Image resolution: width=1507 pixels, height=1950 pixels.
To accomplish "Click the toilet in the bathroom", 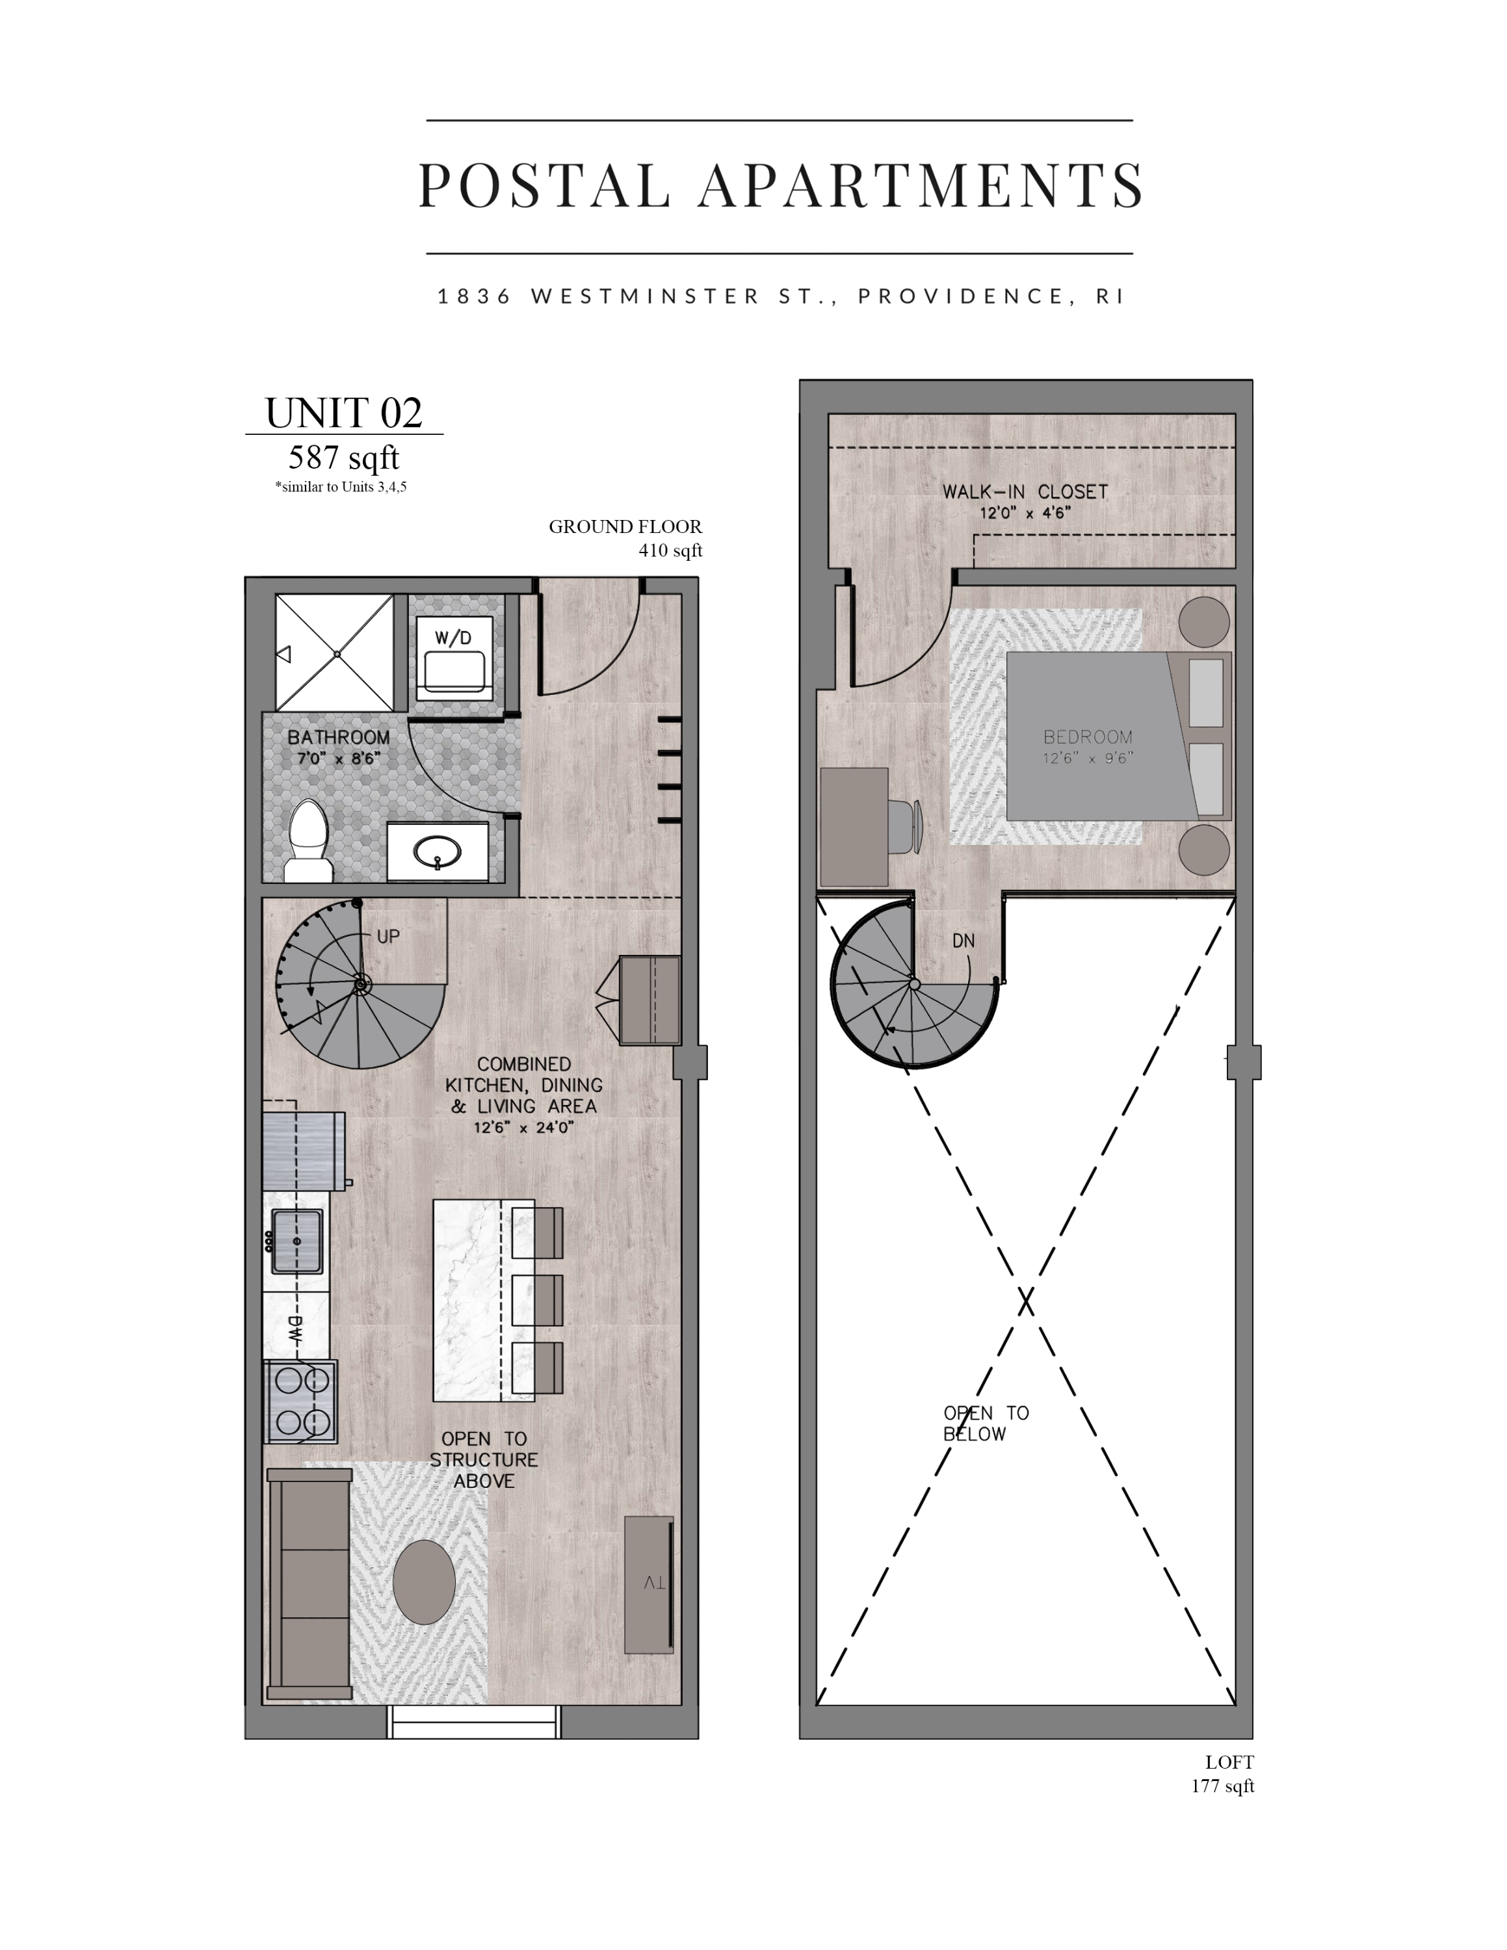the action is [x=309, y=841].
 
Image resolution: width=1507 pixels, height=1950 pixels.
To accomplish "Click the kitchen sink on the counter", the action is [x=296, y=1241].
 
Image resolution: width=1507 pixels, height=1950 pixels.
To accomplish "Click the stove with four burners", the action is [x=301, y=1401].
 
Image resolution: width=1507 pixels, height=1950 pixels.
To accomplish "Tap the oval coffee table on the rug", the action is [x=424, y=1582].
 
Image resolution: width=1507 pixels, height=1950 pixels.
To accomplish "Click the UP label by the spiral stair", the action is [x=388, y=937].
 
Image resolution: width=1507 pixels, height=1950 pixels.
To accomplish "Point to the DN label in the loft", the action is [x=963, y=941].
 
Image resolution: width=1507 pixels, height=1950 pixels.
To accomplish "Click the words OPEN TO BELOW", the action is [x=986, y=1423].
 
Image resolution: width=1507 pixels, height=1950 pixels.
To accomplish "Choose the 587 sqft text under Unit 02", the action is [x=344, y=458].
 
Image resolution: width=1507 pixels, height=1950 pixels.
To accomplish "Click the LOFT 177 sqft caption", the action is [x=1223, y=1774].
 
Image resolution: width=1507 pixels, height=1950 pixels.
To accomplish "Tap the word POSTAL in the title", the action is [x=544, y=186].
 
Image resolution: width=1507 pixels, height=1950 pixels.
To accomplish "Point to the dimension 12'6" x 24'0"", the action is [x=524, y=1128].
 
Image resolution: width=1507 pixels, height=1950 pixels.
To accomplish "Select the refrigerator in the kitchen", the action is [x=304, y=1150].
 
